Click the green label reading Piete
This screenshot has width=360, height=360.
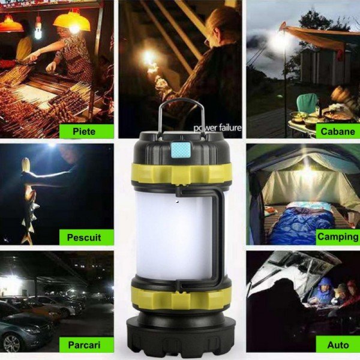tap(86, 131)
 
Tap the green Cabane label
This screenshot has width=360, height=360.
tap(338, 131)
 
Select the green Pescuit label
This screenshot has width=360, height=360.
tap(86, 237)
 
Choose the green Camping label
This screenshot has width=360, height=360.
tap(338, 237)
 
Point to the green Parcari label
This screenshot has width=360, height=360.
tap(86, 344)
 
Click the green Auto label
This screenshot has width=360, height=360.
tap(338, 344)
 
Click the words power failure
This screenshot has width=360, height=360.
tap(217, 128)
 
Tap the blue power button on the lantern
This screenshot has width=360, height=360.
tap(181, 150)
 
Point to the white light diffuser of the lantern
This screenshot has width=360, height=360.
tap(175, 235)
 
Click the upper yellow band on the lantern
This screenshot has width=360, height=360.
tap(181, 173)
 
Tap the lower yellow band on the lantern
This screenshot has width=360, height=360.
tap(181, 298)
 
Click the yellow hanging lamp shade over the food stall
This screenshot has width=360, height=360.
tap(71, 22)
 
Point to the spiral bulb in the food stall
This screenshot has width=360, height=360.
tap(38, 30)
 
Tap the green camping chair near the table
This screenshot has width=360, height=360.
tap(307, 103)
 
